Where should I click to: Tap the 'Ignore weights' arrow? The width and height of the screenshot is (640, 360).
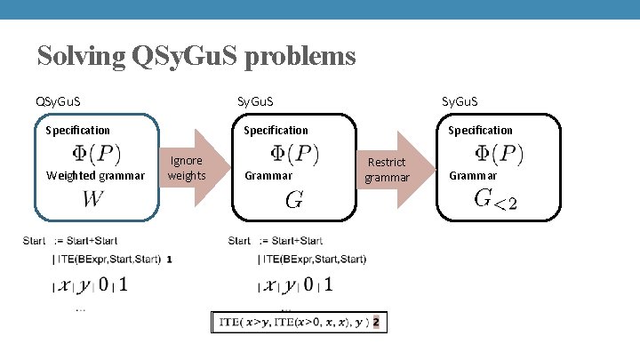point(189,167)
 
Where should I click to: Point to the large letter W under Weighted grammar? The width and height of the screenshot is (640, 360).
point(92,199)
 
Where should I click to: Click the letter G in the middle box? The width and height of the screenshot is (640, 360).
point(293,201)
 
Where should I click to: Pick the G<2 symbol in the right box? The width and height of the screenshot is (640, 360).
point(495,199)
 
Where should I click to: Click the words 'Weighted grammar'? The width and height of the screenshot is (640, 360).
point(94,176)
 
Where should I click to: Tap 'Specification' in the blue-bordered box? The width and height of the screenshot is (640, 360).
point(77,130)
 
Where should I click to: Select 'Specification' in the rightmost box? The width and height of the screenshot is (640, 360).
point(480,130)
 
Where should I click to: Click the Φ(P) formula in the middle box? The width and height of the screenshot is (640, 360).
point(294,154)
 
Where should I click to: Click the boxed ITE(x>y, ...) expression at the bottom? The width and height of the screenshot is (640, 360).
point(299,323)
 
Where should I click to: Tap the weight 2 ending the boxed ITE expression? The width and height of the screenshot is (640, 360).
point(377,323)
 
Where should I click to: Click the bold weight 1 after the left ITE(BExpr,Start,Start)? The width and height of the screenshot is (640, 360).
point(169,260)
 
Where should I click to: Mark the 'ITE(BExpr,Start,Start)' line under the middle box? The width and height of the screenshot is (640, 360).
point(313,260)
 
